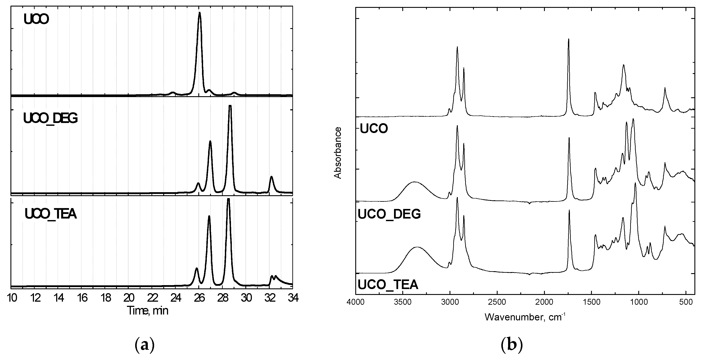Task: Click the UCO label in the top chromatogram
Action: click(36, 19)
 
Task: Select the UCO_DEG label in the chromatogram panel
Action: click(51, 118)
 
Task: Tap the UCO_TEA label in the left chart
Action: click(51, 214)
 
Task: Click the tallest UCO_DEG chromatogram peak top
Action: click(230, 106)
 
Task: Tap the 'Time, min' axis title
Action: click(148, 311)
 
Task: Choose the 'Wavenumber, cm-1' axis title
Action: click(525, 317)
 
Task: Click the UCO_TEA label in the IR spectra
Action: click(388, 284)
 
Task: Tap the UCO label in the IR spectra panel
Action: click(374, 128)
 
